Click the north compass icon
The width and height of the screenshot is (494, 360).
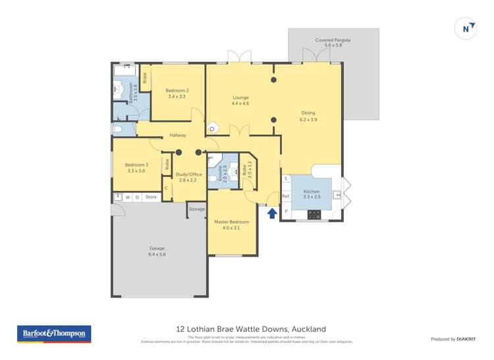tap(466, 28)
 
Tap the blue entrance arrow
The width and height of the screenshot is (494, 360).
tap(271, 212)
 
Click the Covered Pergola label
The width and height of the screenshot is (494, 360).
tap(333, 43)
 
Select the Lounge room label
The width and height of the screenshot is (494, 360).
tap(240, 100)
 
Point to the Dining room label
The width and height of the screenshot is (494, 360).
tap(308, 116)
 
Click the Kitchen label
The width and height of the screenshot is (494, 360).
tap(311, 193)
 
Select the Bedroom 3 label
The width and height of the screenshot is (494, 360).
tap(136, 167)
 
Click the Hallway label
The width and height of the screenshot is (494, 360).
tap(178, 135)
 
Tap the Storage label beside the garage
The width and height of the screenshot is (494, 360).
tap(197, 209)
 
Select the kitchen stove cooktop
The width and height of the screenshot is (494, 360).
tap(314, 214)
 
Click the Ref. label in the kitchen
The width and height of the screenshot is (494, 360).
tap(286, 196)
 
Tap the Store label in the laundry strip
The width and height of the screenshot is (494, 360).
tap(151, 197)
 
